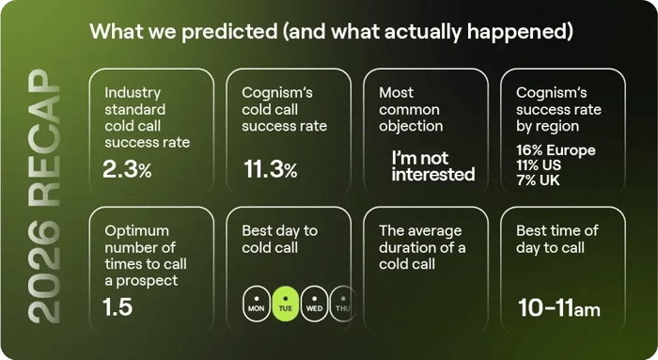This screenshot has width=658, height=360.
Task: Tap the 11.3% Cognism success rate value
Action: coord(270,170)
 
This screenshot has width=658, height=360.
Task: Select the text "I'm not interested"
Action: coord(433,166)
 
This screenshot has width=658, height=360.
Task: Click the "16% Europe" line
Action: coord(556,150)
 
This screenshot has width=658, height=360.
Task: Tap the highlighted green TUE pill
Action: coord(285,303)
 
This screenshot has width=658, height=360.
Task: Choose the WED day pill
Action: coord(315,303)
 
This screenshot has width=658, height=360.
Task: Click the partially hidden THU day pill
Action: coord(341,303)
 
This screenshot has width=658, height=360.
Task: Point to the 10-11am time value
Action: coord(559,306)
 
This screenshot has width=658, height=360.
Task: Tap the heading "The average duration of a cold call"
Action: coord(422,247)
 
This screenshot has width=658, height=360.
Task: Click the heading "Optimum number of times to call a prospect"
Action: coord(140,255)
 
